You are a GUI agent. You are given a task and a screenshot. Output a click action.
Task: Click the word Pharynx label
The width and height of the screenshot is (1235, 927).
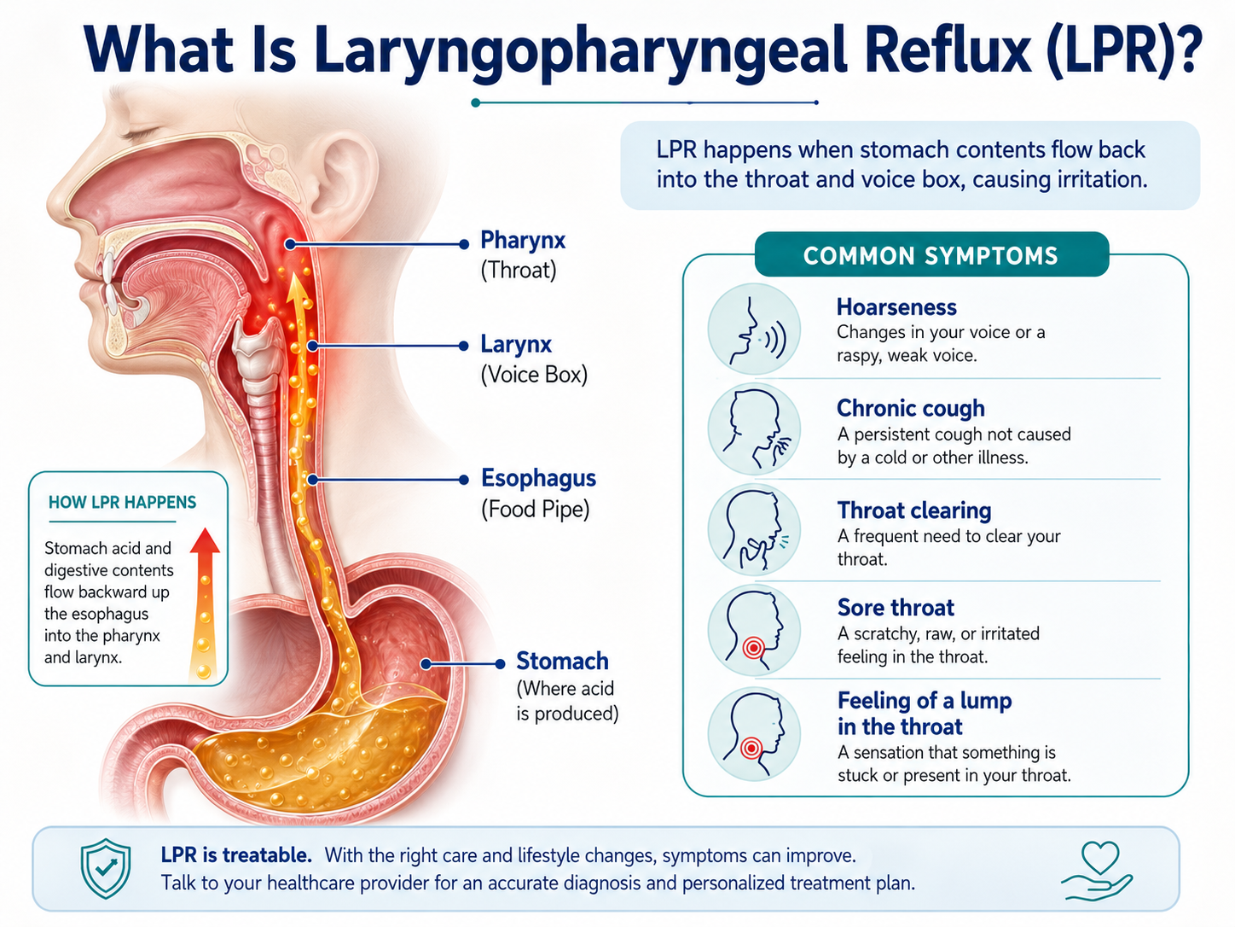pyautogui.click(x=523, y=241)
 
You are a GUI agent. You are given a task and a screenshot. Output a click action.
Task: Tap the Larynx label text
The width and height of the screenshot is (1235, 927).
pyautogui.click(x=516, y=344)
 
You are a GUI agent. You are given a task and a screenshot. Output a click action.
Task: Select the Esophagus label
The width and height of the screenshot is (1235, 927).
pyautogui.click(x=538, y=478)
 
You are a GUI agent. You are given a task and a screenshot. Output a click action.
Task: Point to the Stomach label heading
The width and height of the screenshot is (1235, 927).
pyautogui.click(x=562, y=661)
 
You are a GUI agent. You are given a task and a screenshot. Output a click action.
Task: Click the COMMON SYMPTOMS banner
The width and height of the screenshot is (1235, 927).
pyautogui.click(x=931, y=254)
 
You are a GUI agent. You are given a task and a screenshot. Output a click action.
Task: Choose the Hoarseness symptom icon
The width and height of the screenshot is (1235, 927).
pyautogui.click(x=754, y=329)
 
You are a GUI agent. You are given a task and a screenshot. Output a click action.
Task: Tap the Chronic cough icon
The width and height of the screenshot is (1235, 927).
pyautogui.click(x=754, y=429)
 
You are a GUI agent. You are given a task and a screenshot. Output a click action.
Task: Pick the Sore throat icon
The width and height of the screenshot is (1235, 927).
pyautogui.click(x=754, y=630)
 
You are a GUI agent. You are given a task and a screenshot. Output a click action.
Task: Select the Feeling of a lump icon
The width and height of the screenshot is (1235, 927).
pyautogui.click(x=754, y=734)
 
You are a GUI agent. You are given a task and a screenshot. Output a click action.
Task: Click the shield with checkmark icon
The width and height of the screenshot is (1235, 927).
pyautogui.click(x=105, y=868)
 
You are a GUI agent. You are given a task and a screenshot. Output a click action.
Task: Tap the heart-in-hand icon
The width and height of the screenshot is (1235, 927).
pyautogui.click(x=1097, y=871)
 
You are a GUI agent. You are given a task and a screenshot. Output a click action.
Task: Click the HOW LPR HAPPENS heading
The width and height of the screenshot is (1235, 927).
pyautogui.click(x=122, y=502)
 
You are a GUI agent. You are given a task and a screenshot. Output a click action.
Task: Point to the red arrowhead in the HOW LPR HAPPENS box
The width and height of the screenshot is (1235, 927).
pyautogui.click(x=205, y=541)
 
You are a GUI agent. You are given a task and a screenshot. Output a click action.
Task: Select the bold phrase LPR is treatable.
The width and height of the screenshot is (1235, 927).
pyautogui.click(x=236, y=855)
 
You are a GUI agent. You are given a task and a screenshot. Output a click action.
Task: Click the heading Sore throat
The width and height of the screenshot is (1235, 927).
pyautogui.click(x=896, y=608)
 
